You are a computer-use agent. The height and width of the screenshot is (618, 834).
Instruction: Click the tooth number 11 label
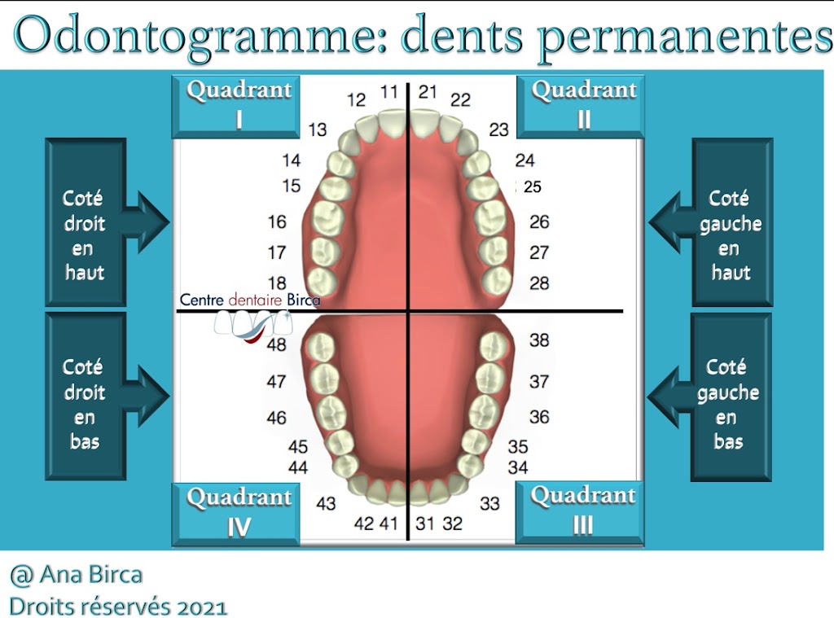coord(389,92)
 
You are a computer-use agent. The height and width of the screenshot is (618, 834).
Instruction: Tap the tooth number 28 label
coord(539,283)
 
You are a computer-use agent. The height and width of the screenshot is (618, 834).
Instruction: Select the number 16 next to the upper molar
coord(277,221)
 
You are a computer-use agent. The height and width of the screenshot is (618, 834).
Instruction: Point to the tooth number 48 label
coord(277,344)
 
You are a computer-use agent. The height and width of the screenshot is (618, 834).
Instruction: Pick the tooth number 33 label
coord(489,503)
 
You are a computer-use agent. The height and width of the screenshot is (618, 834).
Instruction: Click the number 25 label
coord(533,187)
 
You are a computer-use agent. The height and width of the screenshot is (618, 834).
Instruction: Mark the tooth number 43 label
coord(326,503)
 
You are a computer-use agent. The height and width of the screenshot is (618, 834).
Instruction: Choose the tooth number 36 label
coord(539,417)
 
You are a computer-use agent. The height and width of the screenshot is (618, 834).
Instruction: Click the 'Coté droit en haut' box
coord(86,222)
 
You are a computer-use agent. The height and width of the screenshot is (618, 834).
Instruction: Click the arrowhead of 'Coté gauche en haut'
coord(664,221)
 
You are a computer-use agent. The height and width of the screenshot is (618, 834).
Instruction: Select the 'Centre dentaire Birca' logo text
coord(250,300)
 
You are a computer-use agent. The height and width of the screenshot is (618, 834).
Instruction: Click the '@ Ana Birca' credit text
coord(76,576)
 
